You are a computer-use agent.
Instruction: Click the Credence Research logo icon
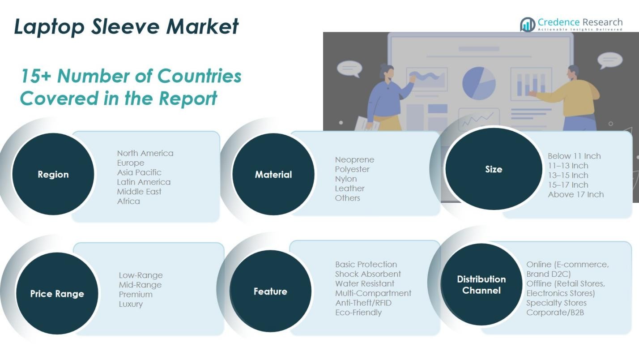[528, 24]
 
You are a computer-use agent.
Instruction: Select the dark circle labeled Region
[53, 175]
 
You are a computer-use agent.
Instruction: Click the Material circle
[273, 175]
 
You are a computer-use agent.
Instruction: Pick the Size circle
[494, 169]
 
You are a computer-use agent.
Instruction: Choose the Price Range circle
[57, 294]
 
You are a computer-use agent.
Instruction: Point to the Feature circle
[270, 291]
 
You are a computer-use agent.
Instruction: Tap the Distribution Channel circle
[481, 285]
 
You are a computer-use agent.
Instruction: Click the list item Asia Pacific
[139, 172]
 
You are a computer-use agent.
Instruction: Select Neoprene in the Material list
[354, 160]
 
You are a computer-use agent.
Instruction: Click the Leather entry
[349, 189]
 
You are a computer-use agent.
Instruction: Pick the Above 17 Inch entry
[575, 194]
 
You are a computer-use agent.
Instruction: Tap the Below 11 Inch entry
[574, 156]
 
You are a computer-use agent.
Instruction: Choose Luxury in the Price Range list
[131, 304]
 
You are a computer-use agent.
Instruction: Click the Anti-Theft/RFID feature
[363, 303]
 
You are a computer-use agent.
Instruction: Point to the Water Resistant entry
[365, 283]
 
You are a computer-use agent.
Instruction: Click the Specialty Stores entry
[556, 303]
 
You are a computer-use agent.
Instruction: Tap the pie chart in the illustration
[479, 83]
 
